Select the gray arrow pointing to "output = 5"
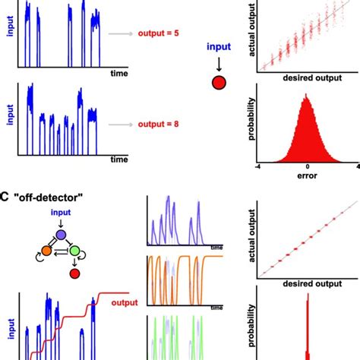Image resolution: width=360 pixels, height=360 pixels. pyautogui.click(x=121, y=34)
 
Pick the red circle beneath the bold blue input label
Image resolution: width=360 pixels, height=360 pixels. pyautogui.click(x=218, y=83)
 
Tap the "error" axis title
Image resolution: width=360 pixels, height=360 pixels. pyautogui.click(x=308, y=177)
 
